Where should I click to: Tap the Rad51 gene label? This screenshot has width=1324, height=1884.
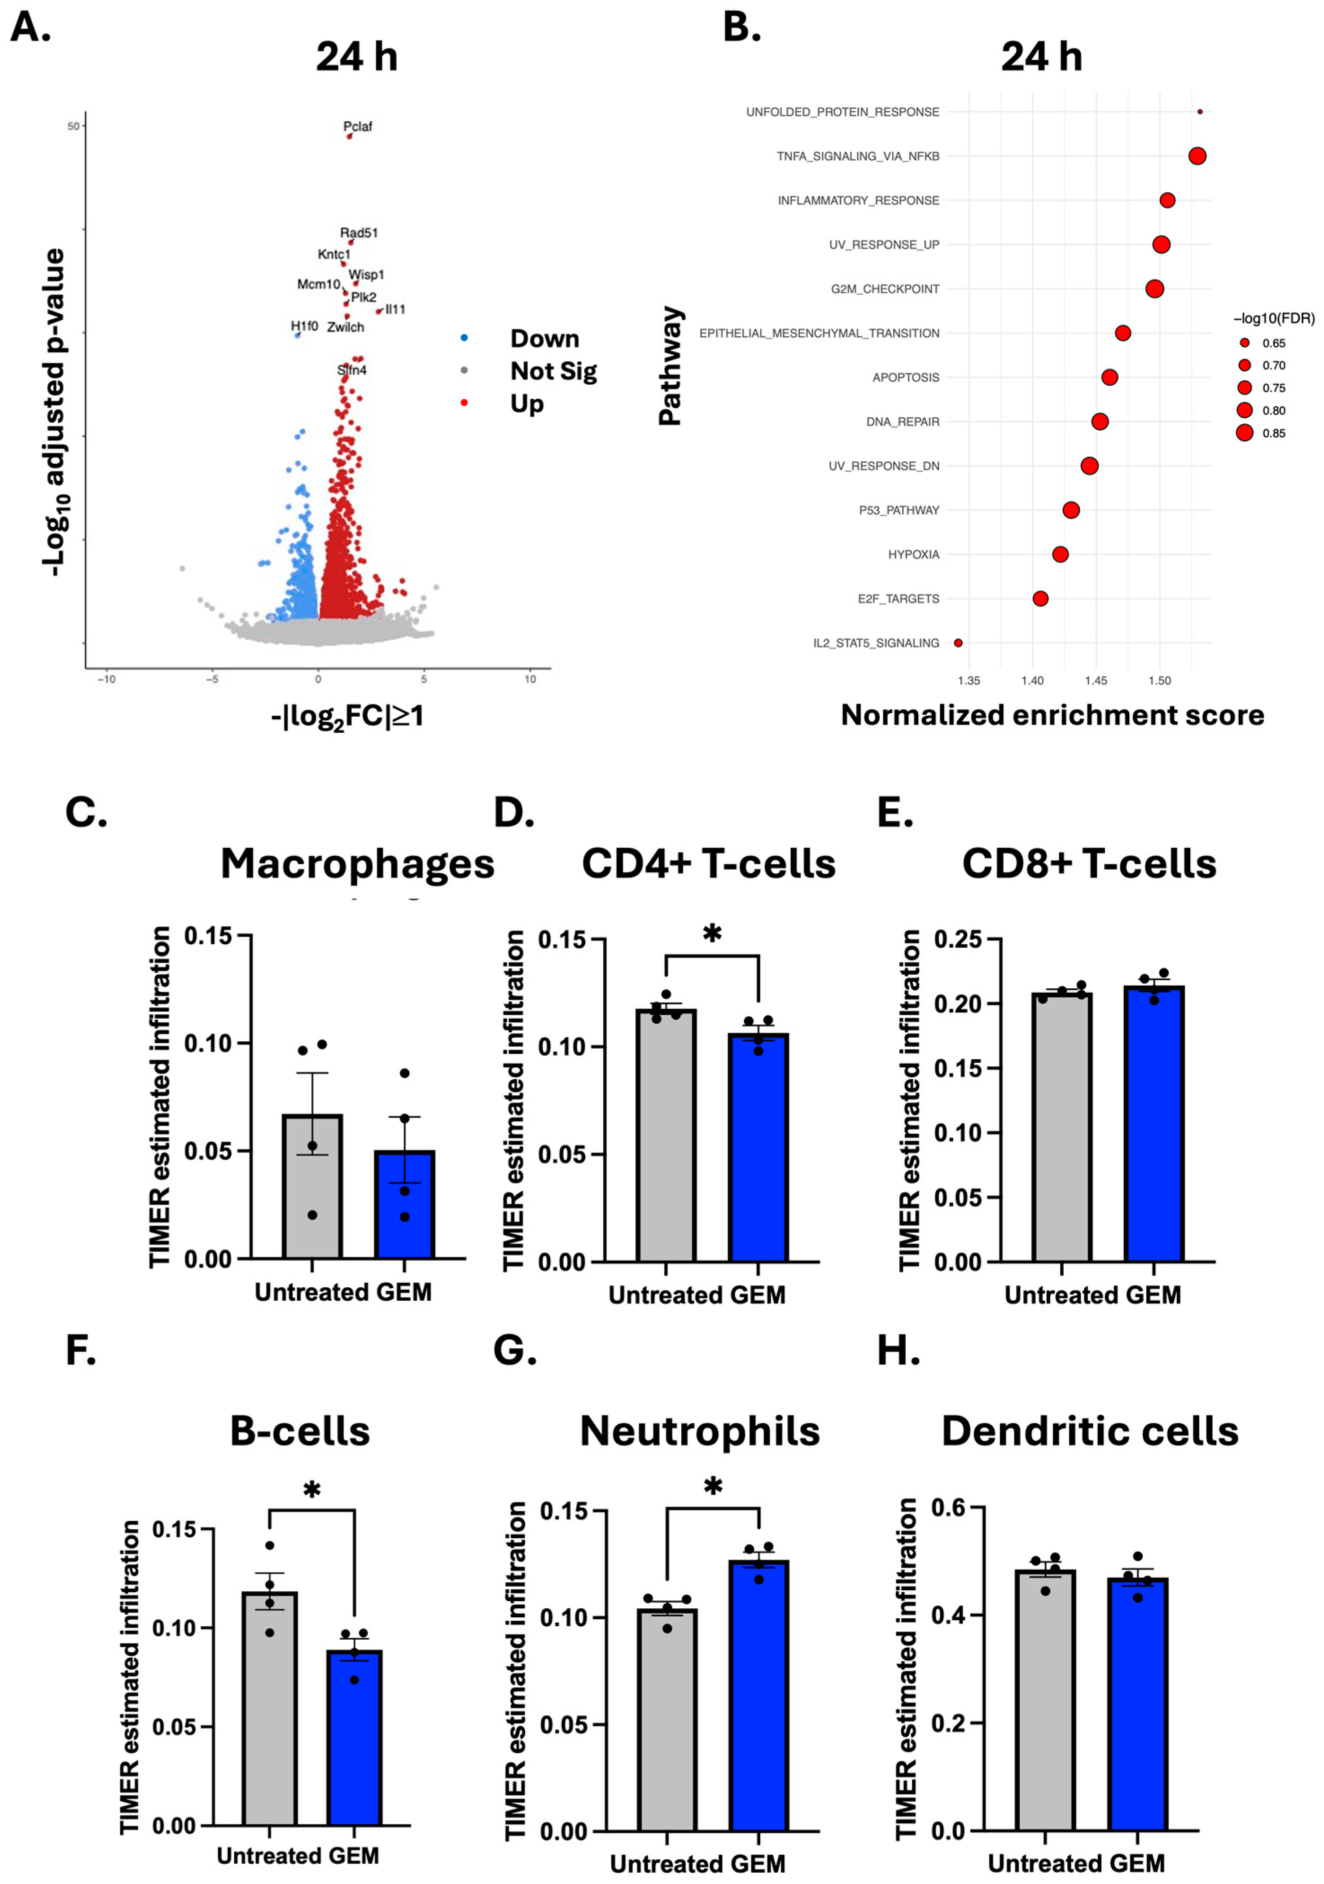pyautogui.click(x=359, y=233)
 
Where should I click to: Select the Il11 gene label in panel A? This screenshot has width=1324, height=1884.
pyautogui.click(x=395, y=309)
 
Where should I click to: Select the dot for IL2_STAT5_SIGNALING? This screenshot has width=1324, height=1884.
pyautogui.click(x=958, y=643)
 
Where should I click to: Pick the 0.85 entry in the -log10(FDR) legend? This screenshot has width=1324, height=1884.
pyautogui.click(x=1273, y=433)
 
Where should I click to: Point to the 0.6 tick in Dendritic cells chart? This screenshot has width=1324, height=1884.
pyautogui.click(x=947, y=1508)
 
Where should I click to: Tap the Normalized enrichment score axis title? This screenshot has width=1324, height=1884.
pyautogui.click(x=1052, y=716)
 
